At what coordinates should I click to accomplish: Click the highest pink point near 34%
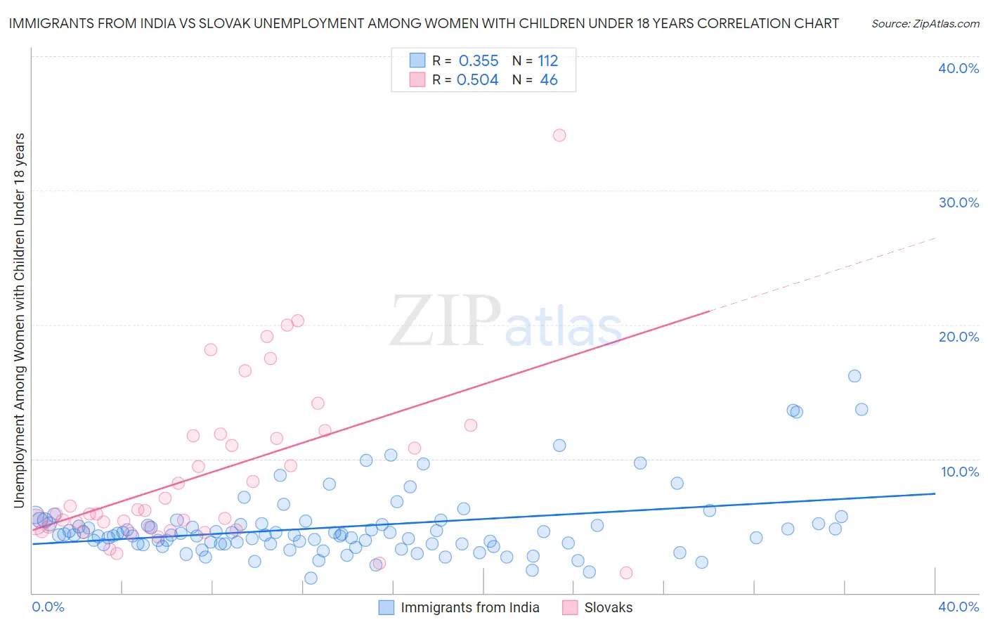(x=559, y=135)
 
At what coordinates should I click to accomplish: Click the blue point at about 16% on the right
(x=854, y=376)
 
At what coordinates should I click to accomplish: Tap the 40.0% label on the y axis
(x=958, y=68)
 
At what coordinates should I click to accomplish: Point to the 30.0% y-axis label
(x=958, y=202)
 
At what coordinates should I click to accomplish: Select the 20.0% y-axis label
(x=958, y=337)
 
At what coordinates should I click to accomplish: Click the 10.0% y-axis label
(x=959, y=471)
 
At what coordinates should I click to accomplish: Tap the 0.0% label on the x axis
(x=48, y=607)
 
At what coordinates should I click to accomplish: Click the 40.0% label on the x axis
(x=958, y=607)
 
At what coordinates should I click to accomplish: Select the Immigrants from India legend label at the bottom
(x=469, y=608)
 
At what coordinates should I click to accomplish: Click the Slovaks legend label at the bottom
(x=609, y=608)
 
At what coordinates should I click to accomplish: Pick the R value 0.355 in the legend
(x=479, y=61)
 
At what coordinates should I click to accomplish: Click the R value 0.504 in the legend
(x=478, y=80)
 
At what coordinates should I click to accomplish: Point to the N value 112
(x=548, y=61)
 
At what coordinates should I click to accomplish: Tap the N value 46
(x=549, y=80)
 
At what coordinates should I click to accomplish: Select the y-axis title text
(x=19, y=320)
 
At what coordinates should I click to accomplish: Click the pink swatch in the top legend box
(x=417, y=79)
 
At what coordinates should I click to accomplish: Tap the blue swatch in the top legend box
(x=417, y=60)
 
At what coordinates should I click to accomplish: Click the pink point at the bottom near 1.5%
(x=626, y=573)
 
